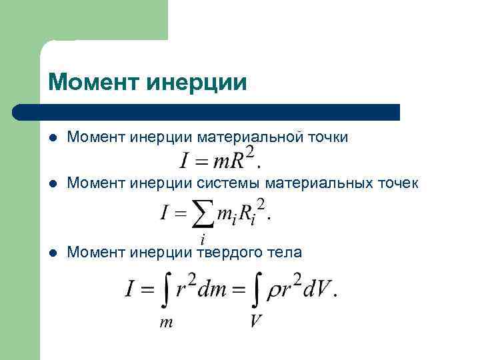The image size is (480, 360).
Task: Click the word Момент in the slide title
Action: [94, 83]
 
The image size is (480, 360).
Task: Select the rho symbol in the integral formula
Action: [273, 291]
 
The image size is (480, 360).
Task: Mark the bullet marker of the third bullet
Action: [53, 253]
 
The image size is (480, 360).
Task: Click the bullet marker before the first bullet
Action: [53, 138]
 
